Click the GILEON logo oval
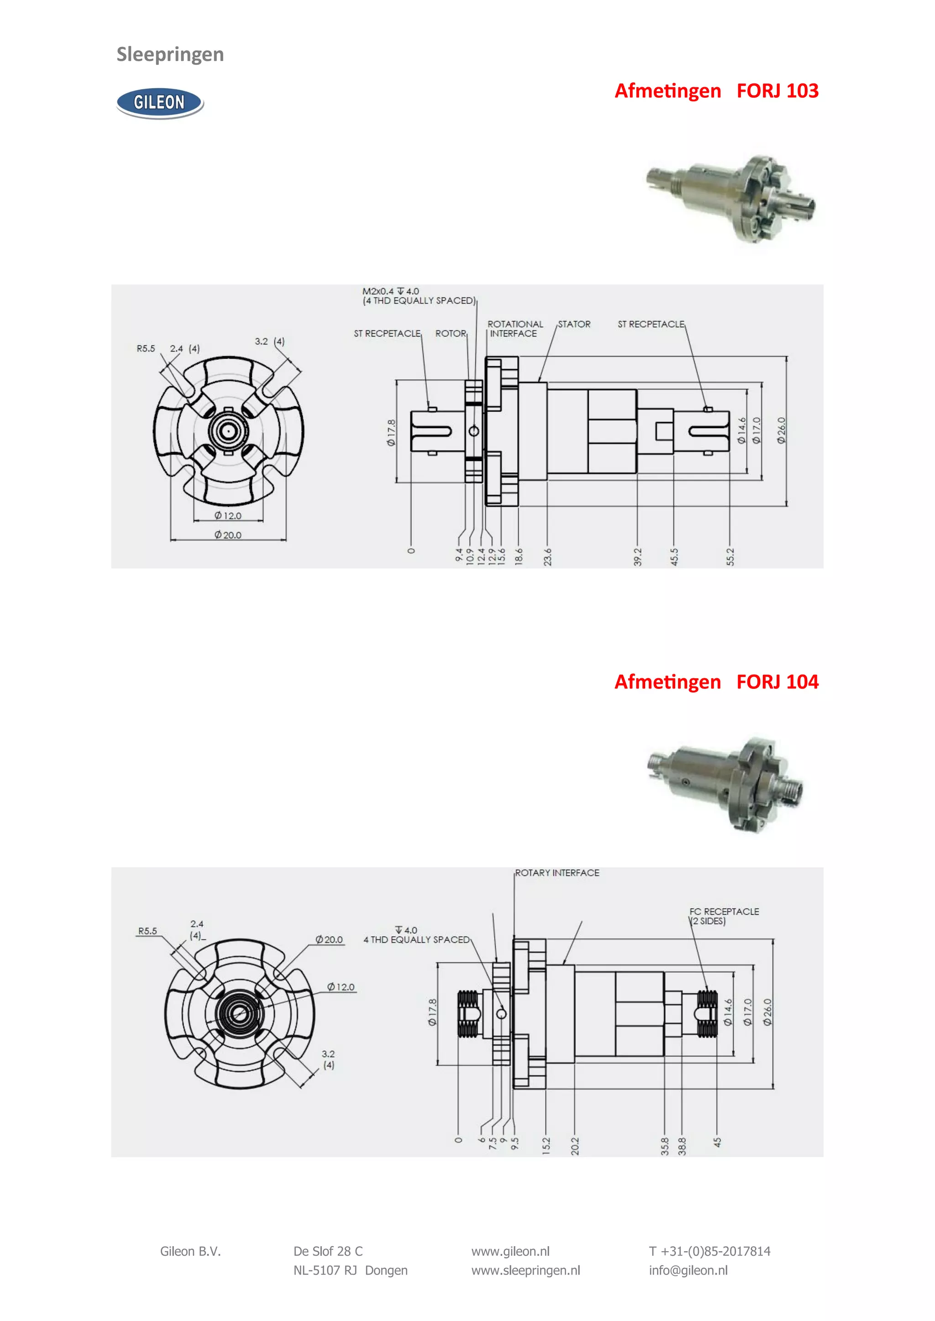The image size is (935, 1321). coord(159,103)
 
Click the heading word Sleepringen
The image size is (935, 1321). coord(170,54)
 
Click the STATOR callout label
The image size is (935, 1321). coord(574,324)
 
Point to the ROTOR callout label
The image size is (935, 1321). coord(450,333)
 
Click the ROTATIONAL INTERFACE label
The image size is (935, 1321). coord(515,329)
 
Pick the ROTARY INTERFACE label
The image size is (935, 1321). coord(557,873)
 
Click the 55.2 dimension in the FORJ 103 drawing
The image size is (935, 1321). coord(730,556)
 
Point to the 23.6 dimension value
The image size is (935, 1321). coord(547,556)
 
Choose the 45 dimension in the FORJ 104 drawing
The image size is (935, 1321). coord(717,1142)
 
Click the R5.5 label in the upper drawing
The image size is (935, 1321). coord(146,348)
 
